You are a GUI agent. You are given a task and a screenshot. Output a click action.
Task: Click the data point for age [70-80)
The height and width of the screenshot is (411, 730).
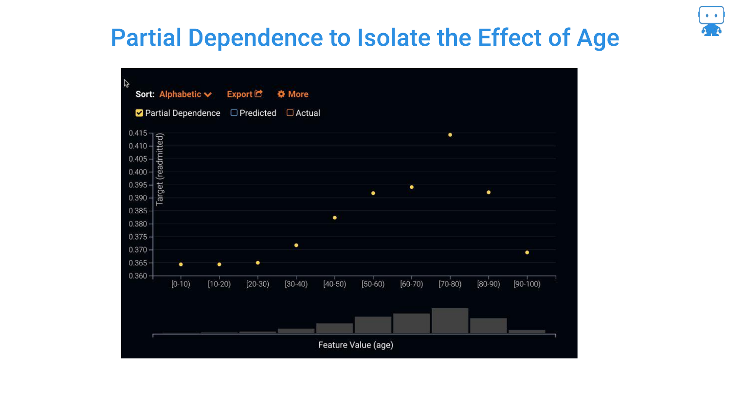[x=450, y=135]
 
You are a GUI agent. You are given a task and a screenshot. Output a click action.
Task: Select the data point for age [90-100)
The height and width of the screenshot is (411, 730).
[x=527, y=252]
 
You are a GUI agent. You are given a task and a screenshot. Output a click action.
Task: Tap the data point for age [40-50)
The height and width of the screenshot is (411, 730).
[x=335, y=218]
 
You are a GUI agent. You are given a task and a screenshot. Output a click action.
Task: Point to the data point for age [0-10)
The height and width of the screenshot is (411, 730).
[x=181, y=264]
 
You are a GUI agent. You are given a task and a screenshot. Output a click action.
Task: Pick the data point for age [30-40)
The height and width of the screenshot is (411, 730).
[x=296, y=245]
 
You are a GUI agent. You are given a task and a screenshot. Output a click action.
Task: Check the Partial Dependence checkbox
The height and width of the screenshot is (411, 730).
[x=139, y=113]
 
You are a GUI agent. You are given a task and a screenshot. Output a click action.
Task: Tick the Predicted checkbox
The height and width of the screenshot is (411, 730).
[x=234, y=112]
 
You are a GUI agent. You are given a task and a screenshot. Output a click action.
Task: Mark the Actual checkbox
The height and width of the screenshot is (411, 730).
[x=290, y=112]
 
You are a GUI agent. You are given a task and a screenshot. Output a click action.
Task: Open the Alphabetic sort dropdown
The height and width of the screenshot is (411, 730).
[x=185, y=94]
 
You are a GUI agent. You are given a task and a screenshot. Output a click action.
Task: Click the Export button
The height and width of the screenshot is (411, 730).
[x=245, y=94]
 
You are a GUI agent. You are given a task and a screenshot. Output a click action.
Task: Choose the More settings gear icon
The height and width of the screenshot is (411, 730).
[x=281, y=94]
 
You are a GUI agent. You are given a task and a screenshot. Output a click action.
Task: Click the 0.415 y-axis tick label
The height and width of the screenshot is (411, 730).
[x=138, y=133]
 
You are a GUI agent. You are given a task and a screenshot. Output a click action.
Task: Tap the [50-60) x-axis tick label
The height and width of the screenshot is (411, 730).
[x=373, y=284]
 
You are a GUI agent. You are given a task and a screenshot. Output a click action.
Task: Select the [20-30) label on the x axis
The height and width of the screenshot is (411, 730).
[x=258, y=284]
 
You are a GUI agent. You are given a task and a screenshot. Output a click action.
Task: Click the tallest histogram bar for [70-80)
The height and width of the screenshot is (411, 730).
[x=450, y=320]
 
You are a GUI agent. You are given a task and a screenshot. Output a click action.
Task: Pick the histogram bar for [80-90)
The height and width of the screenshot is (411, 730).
[x=489, y=326]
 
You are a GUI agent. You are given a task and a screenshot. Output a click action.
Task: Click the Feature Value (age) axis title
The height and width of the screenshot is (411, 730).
[x=356, y=345]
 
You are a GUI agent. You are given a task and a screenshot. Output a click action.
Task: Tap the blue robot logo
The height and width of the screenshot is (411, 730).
[x=711, y=21]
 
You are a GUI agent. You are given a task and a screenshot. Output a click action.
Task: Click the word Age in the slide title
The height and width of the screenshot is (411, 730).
[x=598, y=38]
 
